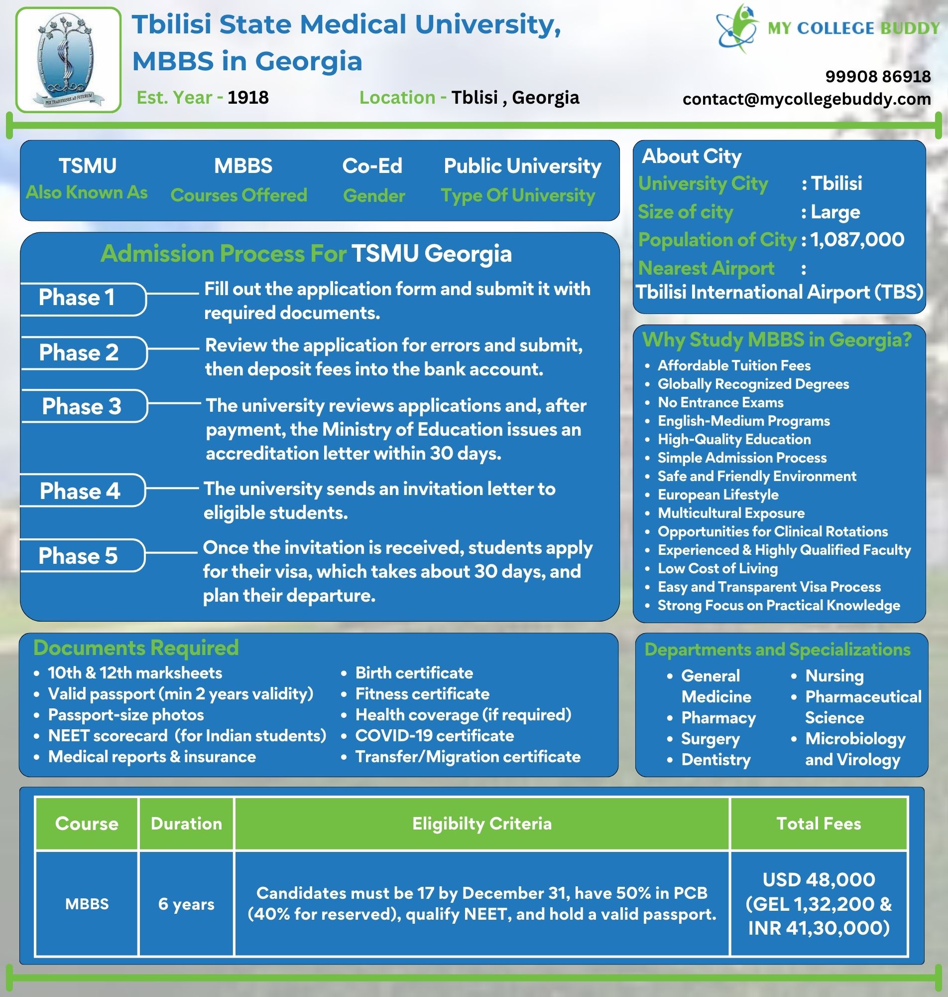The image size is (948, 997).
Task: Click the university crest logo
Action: tap(69, 60)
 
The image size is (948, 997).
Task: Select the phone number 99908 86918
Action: tap(878, 76)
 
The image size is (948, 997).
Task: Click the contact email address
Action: tap(807, 99)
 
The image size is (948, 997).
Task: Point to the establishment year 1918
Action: tap(247, 97)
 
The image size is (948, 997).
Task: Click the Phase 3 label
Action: tap(82, 406)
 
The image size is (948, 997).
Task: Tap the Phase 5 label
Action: tap(78, 555)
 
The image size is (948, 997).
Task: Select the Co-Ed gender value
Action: tap(372, 166)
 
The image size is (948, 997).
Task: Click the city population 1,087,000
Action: tap(857, 239)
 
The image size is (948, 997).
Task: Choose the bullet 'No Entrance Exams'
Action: tap(720, 403)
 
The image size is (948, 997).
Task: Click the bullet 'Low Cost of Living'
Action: tap(717, 569)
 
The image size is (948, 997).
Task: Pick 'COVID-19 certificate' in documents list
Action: tap(435, 735)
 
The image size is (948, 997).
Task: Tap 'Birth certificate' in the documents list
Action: tap(414, 673)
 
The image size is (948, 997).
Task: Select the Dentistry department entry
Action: tap(716, 759)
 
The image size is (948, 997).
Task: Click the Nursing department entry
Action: tap(834, 676)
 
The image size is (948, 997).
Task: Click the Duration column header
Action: tap(187, 824)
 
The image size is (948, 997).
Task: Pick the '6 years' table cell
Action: tap(187, 903)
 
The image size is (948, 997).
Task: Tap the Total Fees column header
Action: tap(819, 824)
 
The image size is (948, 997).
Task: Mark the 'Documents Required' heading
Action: tap(136, 648)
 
